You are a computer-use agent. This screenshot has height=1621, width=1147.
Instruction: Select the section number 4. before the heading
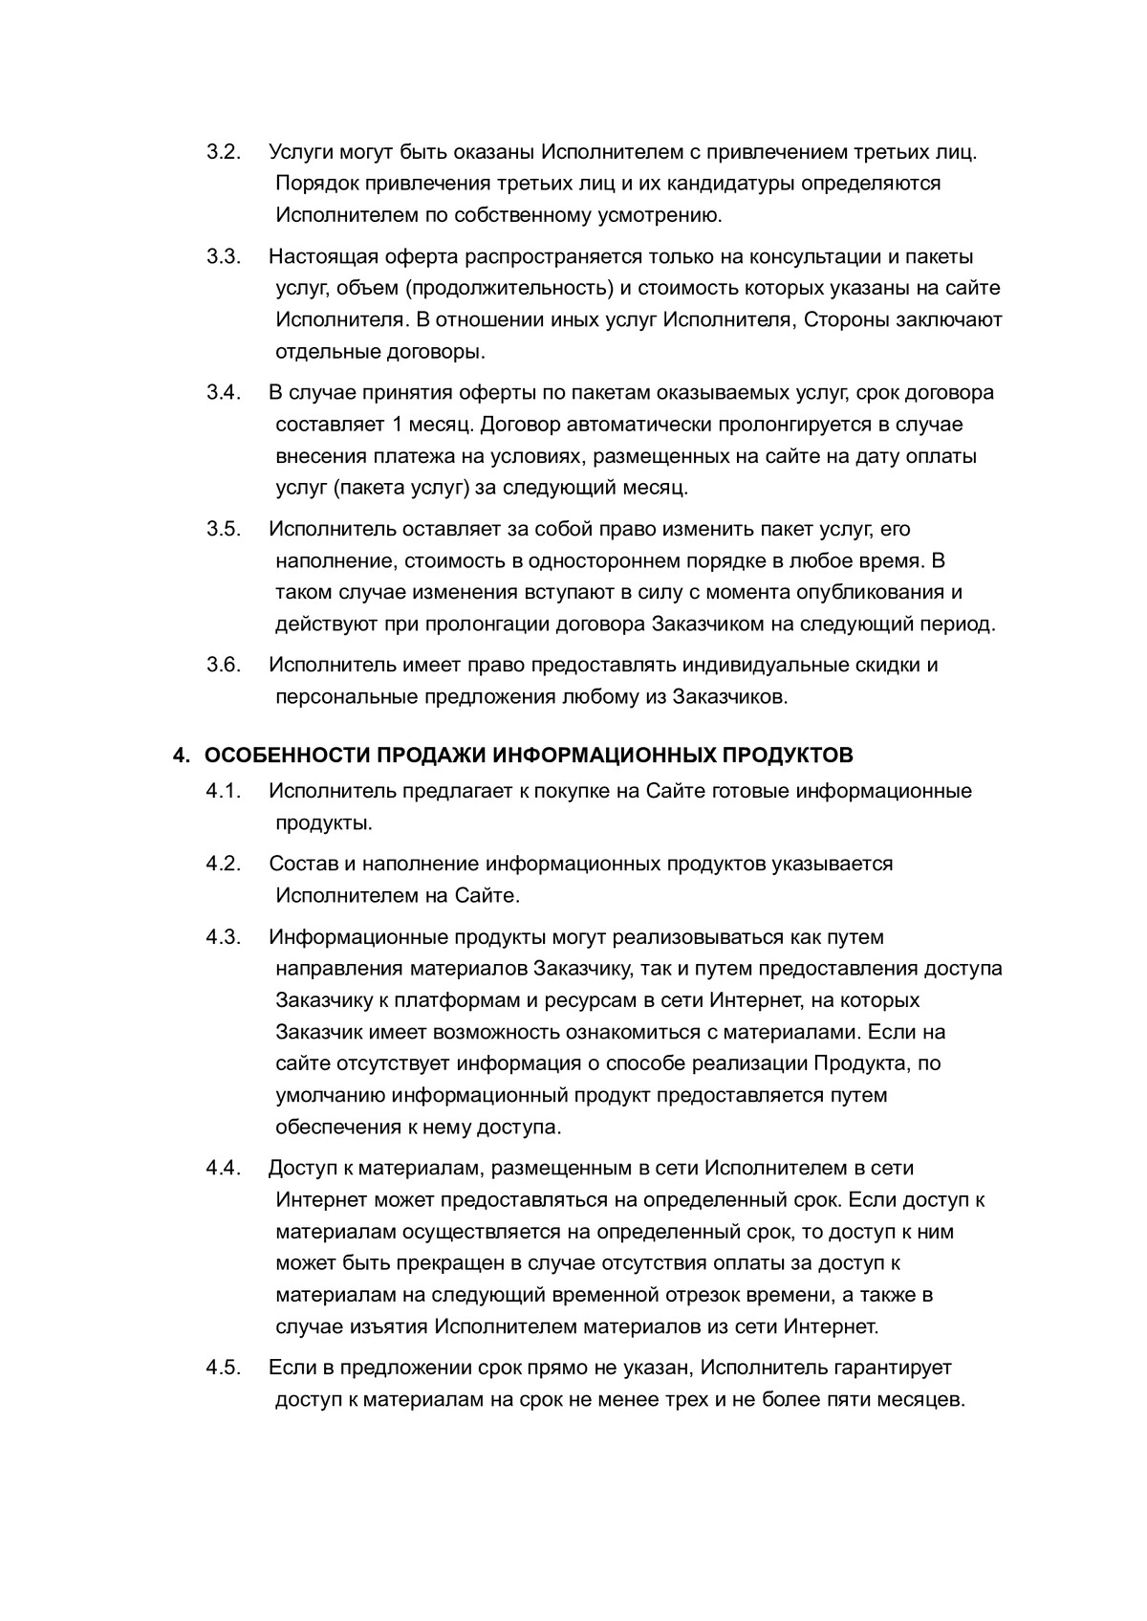click(x=182, y=756)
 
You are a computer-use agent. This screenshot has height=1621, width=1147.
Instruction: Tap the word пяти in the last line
click(x=829, y=1400)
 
